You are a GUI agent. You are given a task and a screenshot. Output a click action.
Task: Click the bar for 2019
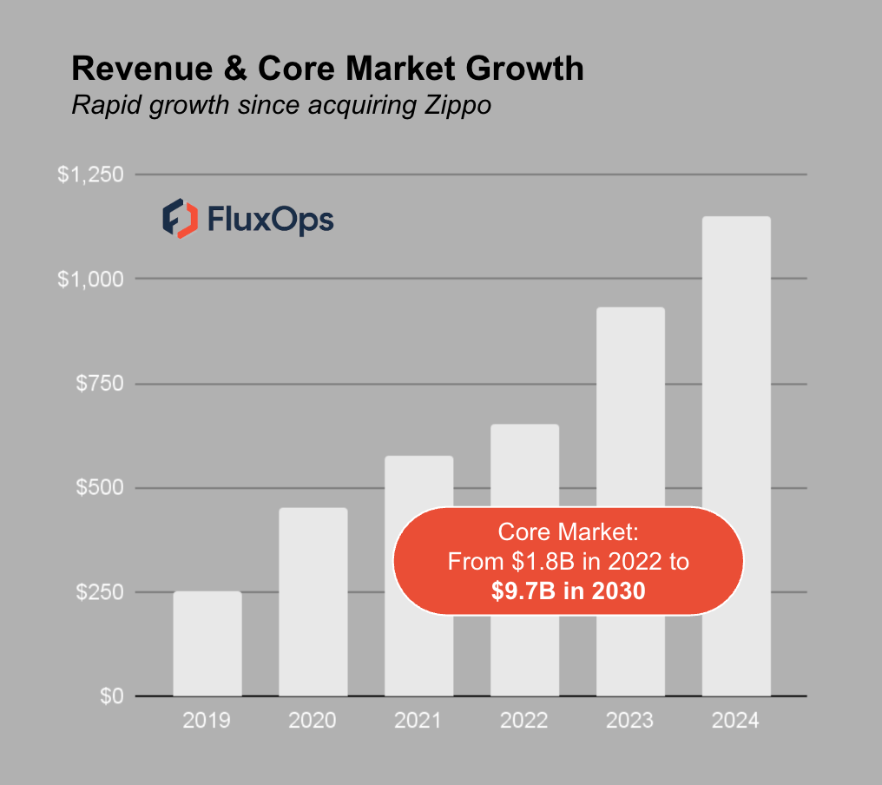[207, 643]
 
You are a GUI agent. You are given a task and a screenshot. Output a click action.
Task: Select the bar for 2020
[313, 602]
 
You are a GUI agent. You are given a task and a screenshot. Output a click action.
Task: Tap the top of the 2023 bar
[631, 310]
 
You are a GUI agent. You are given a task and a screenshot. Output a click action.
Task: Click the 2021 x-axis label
[419, 721]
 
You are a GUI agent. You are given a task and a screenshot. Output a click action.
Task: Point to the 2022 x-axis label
[525, 721]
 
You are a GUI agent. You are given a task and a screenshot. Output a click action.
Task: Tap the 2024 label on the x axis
[736, 721]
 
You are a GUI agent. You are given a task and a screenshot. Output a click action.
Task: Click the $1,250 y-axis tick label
[90, 175]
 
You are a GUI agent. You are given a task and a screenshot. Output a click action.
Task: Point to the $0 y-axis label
[110, 696]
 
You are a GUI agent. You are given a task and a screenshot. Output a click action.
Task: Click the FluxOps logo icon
[180, 218]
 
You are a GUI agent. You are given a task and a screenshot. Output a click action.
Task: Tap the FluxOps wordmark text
[270, 220]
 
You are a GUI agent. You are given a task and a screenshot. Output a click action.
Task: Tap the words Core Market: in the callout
[569, 532]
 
